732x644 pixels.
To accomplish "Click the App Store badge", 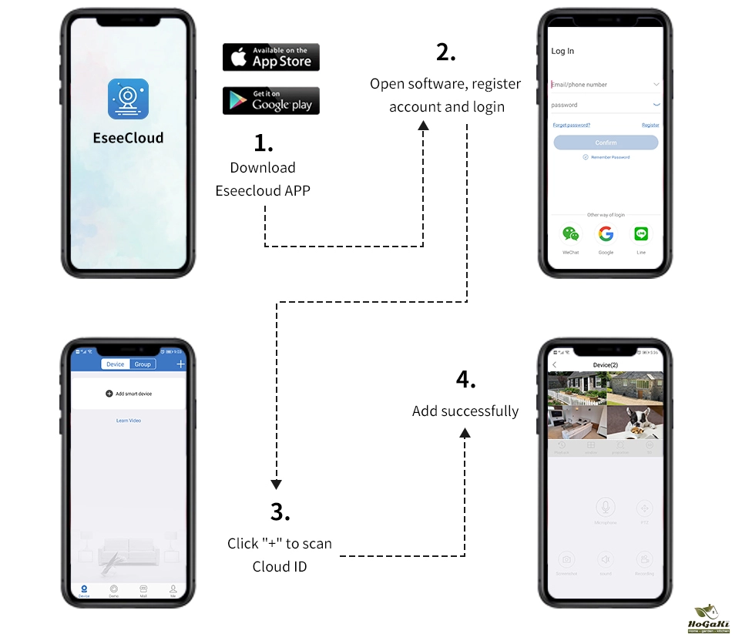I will pyautogui.click(x=270, y=58).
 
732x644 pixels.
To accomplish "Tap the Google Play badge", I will pyautogui.click(x=270, y=101).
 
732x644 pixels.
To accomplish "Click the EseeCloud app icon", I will pyautogui.click(x=128, y=99).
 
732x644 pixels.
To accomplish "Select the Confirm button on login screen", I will pyautogui.click(x=606, y=143).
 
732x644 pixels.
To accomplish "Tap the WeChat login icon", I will pyautogui.click(x=570, y=234).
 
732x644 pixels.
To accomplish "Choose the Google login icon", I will pyautogui.click(x=606, y=234).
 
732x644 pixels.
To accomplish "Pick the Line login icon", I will pyautogui.click(x=641, y=234).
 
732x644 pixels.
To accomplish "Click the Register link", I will pyautogui.click(x=650, y=125).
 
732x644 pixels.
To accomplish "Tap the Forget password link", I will pyautogui.click(x=571, y=125).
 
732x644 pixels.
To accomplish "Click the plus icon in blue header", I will pyautogui.click(x=180, y=364).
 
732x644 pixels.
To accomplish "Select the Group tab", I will pyautogui.click(x=143, y=364).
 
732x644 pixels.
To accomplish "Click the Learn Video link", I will pyautogui.click(x=128, y=421).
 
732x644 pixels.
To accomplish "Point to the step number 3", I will pyautogui.click(x=280, y=512).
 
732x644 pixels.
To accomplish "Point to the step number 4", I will pyautogui.click(x=465, y=380).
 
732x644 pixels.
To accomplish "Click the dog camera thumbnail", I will pyautogui.click(x=634, y=422).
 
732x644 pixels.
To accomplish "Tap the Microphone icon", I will pyautogui.click(x=606, y=508).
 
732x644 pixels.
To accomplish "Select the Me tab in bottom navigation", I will pyautogui.click(x=173, y=590).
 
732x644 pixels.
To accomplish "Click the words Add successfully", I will pyautogui.click(x=465, y=411).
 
